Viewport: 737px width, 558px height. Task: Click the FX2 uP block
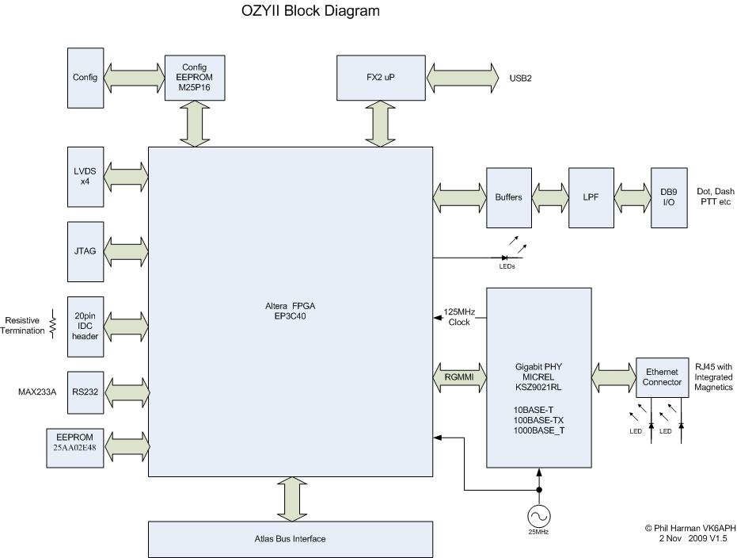click(x=381, y=78)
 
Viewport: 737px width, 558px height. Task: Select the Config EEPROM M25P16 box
click(x=194, y=78)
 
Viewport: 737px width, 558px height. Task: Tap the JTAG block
click(x=85, y=251)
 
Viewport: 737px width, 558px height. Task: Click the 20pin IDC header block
click(x=85, y=326)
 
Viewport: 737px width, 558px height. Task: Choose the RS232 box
click(x=85, y=392)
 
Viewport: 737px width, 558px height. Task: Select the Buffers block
click(x=508, y=197)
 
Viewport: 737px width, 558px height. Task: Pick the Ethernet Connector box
click(x=663, y=377)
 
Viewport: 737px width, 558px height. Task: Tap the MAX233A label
click(x=38, y=392)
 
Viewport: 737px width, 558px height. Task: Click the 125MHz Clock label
click(x=459, y=317)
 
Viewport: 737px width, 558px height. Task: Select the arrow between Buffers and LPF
click(x=549, y=197)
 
